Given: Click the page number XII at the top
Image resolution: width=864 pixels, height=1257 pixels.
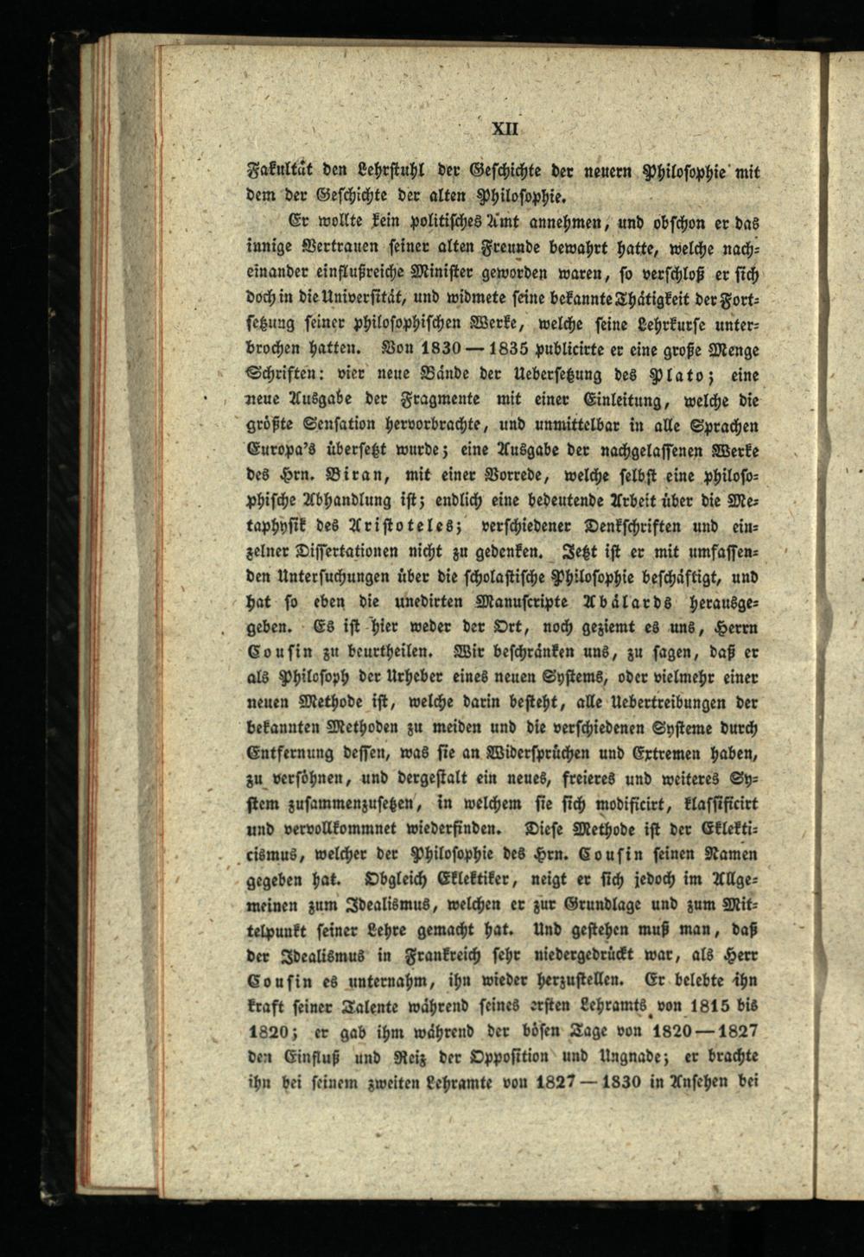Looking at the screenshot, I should [504, 129].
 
